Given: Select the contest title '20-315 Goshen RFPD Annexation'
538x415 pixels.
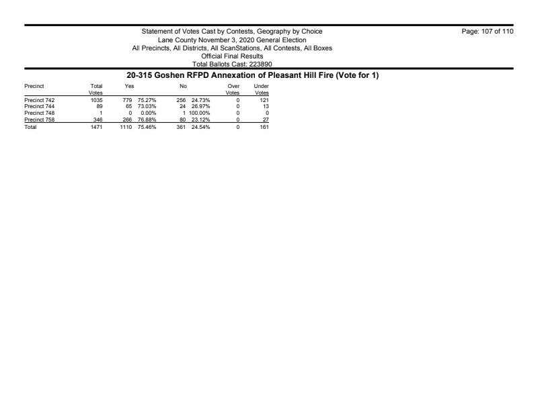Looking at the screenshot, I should coord(268,75).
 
